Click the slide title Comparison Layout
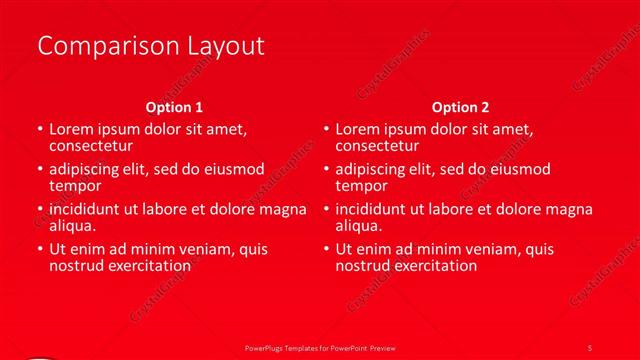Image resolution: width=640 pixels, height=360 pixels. [x=150, y=46]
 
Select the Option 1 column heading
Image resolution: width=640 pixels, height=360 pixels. [x=174, y=107]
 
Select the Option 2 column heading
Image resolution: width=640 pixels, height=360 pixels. [x=460, y=107]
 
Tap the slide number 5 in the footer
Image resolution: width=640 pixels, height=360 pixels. [x=590, y=347]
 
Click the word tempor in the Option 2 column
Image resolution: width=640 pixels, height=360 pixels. [x=359, y=186]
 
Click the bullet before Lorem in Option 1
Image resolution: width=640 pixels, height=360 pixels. [x=39, y=130]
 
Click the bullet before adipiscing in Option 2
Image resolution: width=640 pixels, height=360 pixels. [x=326, y=170]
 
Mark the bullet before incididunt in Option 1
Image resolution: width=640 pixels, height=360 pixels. [x=39, y=210]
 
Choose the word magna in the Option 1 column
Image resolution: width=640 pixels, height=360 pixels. [x=283, y=210]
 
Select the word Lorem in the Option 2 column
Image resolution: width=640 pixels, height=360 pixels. [x=357, y=130]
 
